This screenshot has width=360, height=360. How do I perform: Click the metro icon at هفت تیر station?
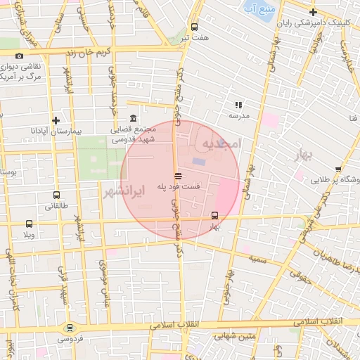[x=194, y=27]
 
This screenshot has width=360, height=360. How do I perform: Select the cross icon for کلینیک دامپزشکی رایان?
[x=313, y=12]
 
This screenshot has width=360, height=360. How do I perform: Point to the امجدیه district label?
[x=221, y=143]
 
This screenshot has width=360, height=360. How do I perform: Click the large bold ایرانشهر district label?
[x=121, y=191]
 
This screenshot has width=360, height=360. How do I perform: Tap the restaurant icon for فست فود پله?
[x=178, y=176]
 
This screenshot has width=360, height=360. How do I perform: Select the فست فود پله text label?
[x=178, y=187]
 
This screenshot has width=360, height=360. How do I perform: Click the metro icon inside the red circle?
[x=214, y=216]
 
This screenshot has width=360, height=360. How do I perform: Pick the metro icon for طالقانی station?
[x=56, y=195]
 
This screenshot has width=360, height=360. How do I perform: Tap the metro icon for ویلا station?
[x=28, y=223]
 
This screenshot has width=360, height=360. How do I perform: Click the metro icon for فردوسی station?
[x=69, y=328]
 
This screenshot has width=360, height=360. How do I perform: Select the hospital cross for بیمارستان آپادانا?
[x=56, y=120]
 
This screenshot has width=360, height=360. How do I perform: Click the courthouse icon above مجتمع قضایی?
[x=134, y=120]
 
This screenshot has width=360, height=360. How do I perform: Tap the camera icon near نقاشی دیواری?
[x=18, y=56]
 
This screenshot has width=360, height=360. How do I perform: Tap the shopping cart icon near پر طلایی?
[x=339, y=169]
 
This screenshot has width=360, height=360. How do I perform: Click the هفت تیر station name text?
[x=194, y=37]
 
